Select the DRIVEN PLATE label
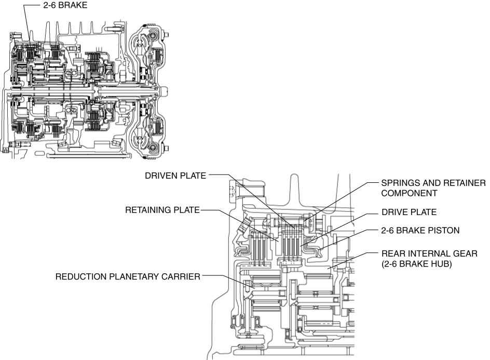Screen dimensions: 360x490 point(176,176)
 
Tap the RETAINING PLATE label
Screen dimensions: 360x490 point(162,210)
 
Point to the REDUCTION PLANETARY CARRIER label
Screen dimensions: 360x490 point(128,277)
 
